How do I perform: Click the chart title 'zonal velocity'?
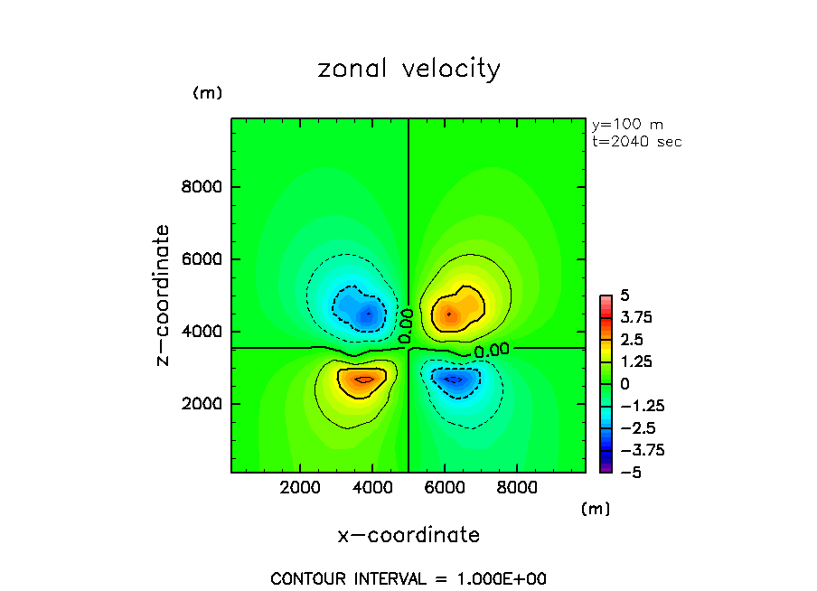(408, 70)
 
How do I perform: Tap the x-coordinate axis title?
(408, 535)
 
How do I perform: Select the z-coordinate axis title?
(163, 295)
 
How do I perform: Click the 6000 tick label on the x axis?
(445, 486)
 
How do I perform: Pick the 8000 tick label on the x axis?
(517, 486)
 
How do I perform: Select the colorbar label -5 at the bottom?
(625, 472)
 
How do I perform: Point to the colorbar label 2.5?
(630, 340)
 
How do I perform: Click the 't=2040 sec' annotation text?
(636, 142)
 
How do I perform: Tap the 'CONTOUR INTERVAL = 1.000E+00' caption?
(408, 578)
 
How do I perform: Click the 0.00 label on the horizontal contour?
(492, 350)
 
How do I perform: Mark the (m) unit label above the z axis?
(207, 93)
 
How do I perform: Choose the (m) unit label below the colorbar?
(595, 509)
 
